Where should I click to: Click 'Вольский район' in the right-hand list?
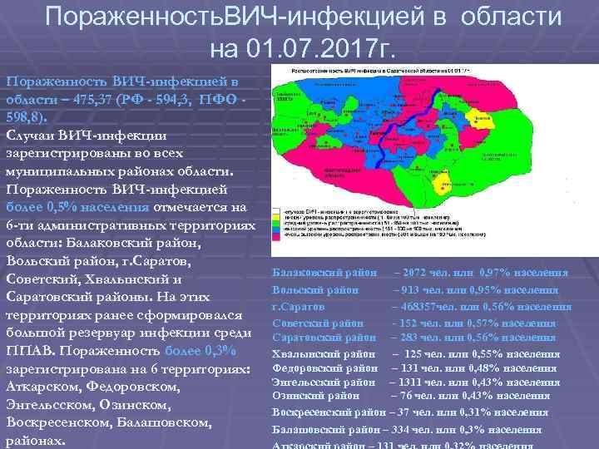pyautogui.click(x=315, y=290)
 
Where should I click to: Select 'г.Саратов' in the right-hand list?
pyautogui.click(x=298, y=307)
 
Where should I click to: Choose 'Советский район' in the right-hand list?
pyautogui.click(x=318, y=323)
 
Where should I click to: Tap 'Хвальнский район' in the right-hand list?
pyautogui.click(x=324, y=353)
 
